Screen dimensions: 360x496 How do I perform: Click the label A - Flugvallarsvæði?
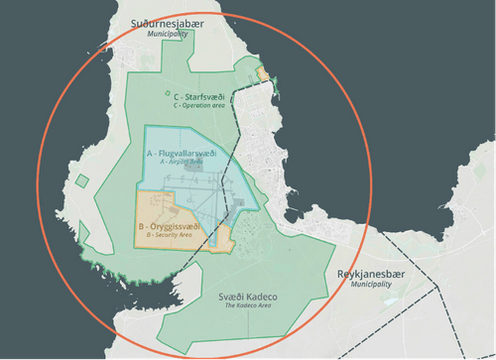pyautogui.click(x=181, y=154)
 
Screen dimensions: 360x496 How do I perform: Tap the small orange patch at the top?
pyautogui.click(x=263, y=73)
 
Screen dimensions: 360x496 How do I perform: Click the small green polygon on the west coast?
pyautogui.click(x=82, y=181)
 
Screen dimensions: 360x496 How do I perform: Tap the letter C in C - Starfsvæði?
pyautogui.click(x=163, y=95)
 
